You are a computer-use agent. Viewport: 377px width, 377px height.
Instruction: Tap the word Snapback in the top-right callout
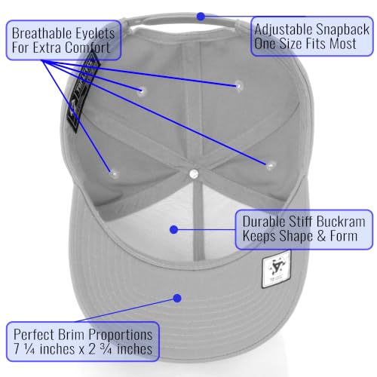tap(343, 29)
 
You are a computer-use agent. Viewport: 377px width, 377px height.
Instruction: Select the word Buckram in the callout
tap(341, 222)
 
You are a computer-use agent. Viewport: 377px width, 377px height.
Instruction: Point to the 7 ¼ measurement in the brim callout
tap(24, 349)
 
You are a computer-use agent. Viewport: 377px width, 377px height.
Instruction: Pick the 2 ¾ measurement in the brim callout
tap(100, 349)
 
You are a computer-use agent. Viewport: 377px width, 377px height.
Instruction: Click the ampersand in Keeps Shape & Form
tap(321, 236)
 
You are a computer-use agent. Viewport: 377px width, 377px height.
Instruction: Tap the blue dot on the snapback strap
tap(201, 17)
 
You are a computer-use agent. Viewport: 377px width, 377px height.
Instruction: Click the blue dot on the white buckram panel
tap(174, 229)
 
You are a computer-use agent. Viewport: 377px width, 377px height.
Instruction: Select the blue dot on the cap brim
tap(177, 299)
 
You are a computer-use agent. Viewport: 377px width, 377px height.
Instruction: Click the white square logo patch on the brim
tap(276, 272)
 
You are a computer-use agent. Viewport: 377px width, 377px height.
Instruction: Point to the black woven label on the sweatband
tap(83, 93)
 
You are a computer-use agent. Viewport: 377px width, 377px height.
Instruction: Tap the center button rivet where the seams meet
tap(194, 173)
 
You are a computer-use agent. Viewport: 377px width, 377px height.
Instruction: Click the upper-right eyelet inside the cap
tap(238, 85)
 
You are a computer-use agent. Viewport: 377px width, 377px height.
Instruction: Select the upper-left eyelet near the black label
tap(142, 90)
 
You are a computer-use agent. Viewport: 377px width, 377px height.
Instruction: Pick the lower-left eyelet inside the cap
tap(115, 173)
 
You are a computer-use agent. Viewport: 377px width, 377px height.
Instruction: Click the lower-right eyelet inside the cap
tap(270, 165)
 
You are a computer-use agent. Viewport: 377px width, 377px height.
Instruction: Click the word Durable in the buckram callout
tap(264, 222)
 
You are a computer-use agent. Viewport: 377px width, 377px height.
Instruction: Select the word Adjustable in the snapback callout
tap(284, 30)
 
